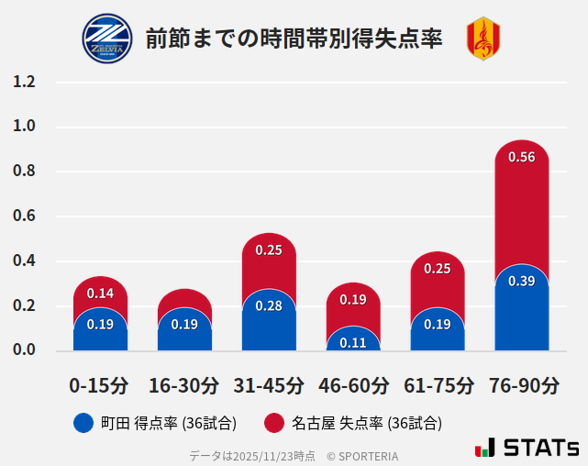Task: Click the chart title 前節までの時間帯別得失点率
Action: [294, 39]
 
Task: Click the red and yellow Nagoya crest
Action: [483, 39]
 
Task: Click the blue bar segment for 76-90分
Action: [521, 312]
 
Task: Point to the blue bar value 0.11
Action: [353, 343]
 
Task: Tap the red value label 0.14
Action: [100, 294]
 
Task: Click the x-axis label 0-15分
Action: [100, 385]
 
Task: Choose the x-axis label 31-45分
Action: [269, 385]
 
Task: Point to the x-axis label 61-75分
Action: [438, 385]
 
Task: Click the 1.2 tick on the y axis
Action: [24, 83]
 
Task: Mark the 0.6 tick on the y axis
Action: [24, 216]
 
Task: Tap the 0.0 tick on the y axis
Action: [24, 350]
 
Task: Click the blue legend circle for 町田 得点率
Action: [83, 423]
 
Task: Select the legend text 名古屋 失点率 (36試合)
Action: [367, 423]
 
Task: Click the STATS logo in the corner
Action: [527, 448]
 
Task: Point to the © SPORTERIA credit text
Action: [362, 456]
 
